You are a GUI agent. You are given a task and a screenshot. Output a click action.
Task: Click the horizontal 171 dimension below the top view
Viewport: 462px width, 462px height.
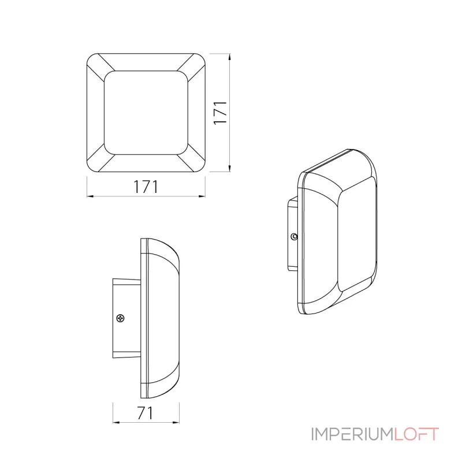pyautogui.click(x=146, y=187)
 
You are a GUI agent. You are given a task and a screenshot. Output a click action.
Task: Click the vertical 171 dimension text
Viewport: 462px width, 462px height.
pyautogui.click(x=221, y=113)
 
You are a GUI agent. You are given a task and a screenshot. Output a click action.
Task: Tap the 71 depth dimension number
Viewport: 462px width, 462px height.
pyautogui.click(x=146, y=413)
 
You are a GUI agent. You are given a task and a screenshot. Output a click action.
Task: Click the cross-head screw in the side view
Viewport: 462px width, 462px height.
pyautogui.click(x=121, y=318)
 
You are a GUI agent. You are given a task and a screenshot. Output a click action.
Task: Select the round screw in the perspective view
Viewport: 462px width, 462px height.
pyautogui.click(x=294, y=236)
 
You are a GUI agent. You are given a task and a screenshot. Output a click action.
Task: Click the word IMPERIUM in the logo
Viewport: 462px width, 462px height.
pyautogui.click(x=352, y=434)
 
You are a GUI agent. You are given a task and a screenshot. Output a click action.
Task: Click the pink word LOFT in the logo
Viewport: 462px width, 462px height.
pyautogui.click(x=416, y=434)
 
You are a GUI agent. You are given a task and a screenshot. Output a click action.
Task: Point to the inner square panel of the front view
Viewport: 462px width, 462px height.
pyautogui.click(x=146, y=113)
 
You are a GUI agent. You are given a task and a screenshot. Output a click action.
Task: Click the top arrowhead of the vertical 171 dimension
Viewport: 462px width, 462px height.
pyautogui.click(x=229, y=57)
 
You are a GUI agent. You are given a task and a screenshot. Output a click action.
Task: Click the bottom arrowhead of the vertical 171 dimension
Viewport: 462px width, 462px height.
pyautogui.click(x=229, y=168)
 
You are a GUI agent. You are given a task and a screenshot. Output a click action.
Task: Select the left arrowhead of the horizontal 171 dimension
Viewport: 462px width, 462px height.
pyautogui.click(x=90, y=196)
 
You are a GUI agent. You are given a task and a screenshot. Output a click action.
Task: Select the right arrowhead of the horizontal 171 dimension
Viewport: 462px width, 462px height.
pyautogui.click(x=202, y=196)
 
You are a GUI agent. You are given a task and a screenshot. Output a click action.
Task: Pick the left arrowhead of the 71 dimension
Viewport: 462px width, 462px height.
pyautogui.click(x=117, y=423)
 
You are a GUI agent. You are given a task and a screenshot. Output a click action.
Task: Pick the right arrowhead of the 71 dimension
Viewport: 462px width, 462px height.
pyautogui.click(x=176, y=423)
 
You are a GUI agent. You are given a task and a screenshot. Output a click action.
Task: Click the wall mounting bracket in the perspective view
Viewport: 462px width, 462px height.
pyautogui.click(x=293, y=234)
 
